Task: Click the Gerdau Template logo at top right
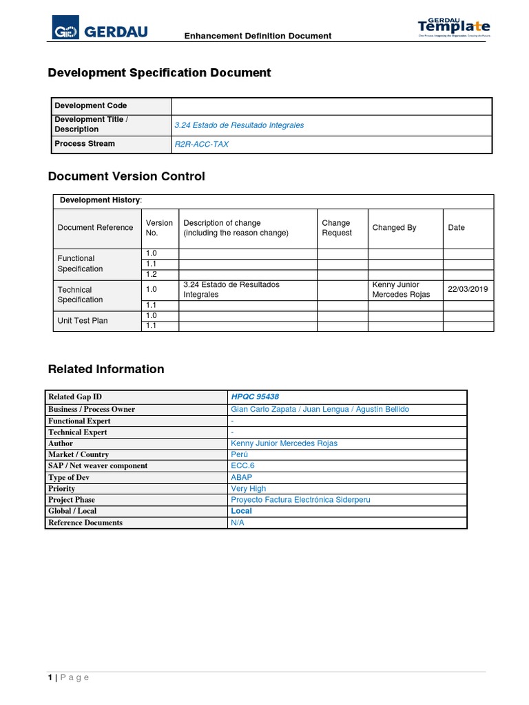[454, 28]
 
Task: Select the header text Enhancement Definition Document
[257, 36]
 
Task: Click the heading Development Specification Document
[159, 73]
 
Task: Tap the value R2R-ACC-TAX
[201, 145]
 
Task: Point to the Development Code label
[91, 106]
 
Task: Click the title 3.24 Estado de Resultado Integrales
[239, 125]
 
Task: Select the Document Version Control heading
[126, 177]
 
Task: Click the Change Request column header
[337, 228]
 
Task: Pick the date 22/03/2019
[468, 289]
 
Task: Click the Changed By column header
[394, 228]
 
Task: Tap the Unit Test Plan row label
[83, 321]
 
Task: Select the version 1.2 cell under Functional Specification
[152, 275]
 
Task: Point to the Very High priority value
[249, 489]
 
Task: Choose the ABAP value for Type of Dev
[242, 477]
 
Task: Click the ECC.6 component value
[244, 466]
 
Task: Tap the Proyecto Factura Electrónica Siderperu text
[300, 500]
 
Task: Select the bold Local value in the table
[242, 512]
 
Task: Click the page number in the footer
[50, 677]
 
